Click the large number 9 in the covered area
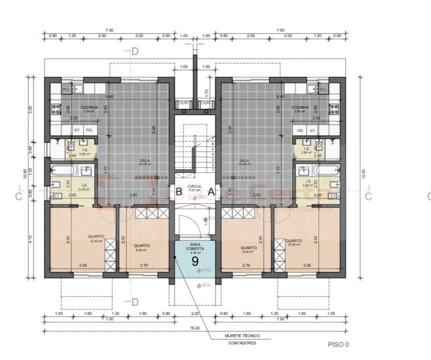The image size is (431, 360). [x=195, y=260]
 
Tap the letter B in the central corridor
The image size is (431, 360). [x=178, y=191]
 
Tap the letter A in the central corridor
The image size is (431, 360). [x=211, y=191]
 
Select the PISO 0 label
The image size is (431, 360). [x=338, y=344]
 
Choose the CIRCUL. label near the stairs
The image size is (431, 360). [x=194, y=186]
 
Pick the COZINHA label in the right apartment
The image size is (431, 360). [x=300, y=107]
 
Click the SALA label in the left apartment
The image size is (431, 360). [x=145, y=161]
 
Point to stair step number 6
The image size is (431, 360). [x=213, y=144]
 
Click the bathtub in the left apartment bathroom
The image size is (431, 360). [x=63, y=170]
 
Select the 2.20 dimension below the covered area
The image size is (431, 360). [x=194, y=314]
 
